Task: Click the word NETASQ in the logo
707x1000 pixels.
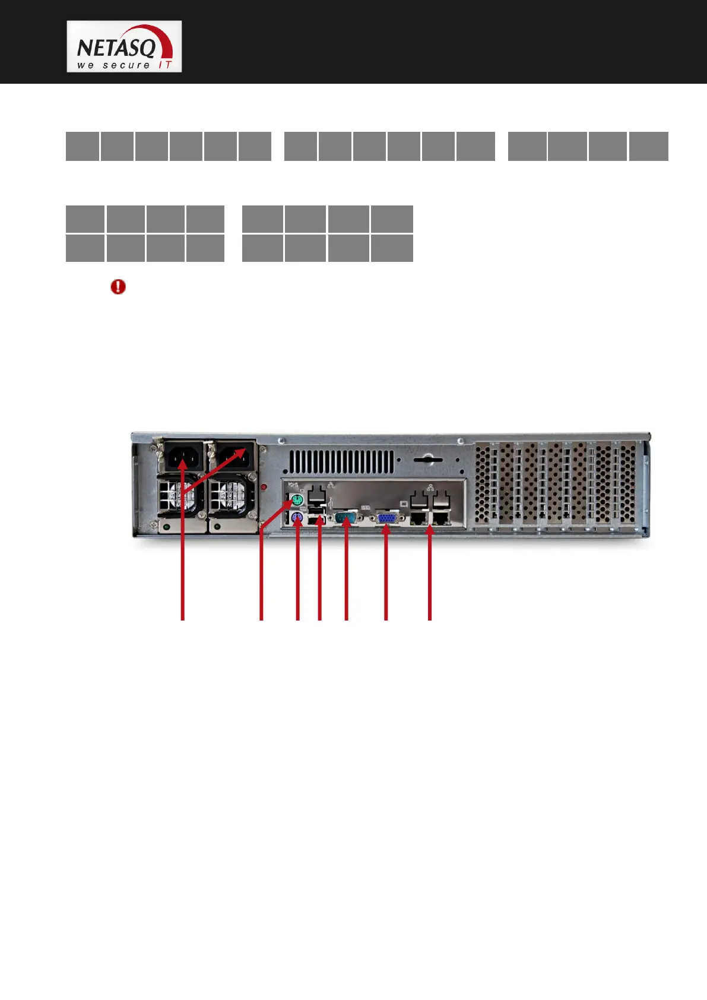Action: [x=116, y=46]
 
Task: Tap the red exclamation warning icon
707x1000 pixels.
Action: [x=118, y=287]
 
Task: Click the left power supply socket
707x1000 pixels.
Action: [x=182, y=457]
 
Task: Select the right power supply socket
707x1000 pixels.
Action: [x=233, y=457]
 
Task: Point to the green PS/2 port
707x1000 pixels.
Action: [x=297, y=499]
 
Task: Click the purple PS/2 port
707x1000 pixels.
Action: [x=297, y=520]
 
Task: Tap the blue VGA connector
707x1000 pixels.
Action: [x=386, y=520]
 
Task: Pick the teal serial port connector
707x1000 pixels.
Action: [x=345, y=519]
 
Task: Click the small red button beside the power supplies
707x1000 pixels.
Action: [x=264, y=488]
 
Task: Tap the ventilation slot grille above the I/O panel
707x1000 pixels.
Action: [x=341, y=462]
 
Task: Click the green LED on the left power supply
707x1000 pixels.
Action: [x=167, y=526]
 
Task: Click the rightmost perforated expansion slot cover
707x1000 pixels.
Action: [x=626, y=484]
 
